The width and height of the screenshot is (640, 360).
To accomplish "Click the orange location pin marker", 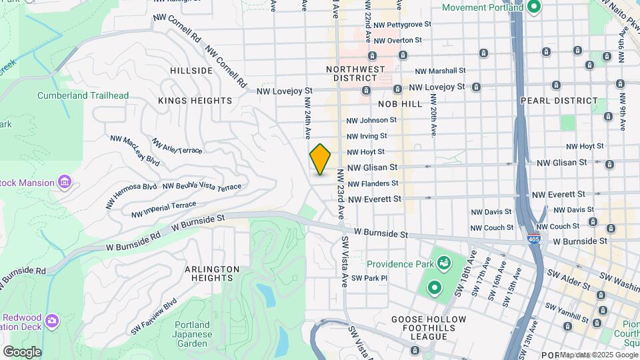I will pos(320,159).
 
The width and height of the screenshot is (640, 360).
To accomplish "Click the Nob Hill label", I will pos(400,105).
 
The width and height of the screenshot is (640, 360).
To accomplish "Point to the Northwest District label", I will pos(355,73).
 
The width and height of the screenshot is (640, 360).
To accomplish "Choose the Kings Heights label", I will pos(195,101).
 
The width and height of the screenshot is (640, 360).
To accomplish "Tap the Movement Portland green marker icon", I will pos(533,8).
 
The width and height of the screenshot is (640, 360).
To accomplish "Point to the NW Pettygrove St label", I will pos(402,25).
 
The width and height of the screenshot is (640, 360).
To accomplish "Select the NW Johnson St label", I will pos(371,121).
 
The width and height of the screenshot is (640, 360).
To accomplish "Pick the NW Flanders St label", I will pos(373,183).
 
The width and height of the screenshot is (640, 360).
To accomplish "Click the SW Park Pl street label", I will pos(369,278).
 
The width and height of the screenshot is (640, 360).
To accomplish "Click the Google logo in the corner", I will pos(22,351).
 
